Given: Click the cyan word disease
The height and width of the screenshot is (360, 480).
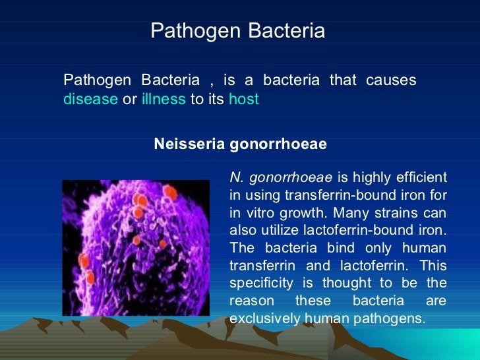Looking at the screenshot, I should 90,100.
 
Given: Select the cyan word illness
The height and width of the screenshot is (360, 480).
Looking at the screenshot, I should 164,100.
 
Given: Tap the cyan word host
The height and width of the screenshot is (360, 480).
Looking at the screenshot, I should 243,100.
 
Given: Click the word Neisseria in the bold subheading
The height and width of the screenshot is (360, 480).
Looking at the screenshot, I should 189,144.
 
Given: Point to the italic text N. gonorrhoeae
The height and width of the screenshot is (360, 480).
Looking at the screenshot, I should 282,177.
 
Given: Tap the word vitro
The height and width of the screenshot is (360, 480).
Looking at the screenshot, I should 258,213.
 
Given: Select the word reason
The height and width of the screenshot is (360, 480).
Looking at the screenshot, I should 250,301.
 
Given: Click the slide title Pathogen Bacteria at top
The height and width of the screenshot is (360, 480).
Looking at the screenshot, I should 237,30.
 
